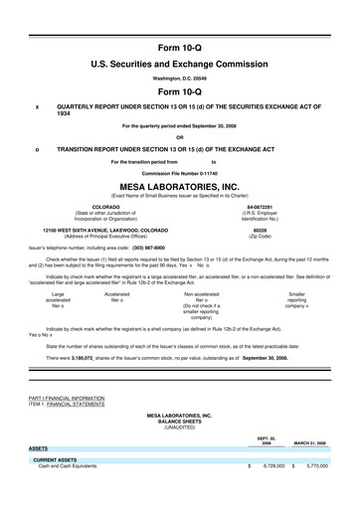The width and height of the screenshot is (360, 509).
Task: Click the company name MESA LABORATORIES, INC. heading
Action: [179, 185]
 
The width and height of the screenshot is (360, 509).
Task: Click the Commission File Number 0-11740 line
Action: [179, 171]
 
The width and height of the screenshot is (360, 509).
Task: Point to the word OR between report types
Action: [179, 137]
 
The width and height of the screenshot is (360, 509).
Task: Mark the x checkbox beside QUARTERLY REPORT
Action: [37, 106]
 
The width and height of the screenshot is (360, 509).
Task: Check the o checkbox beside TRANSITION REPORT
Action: [37, 149]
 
